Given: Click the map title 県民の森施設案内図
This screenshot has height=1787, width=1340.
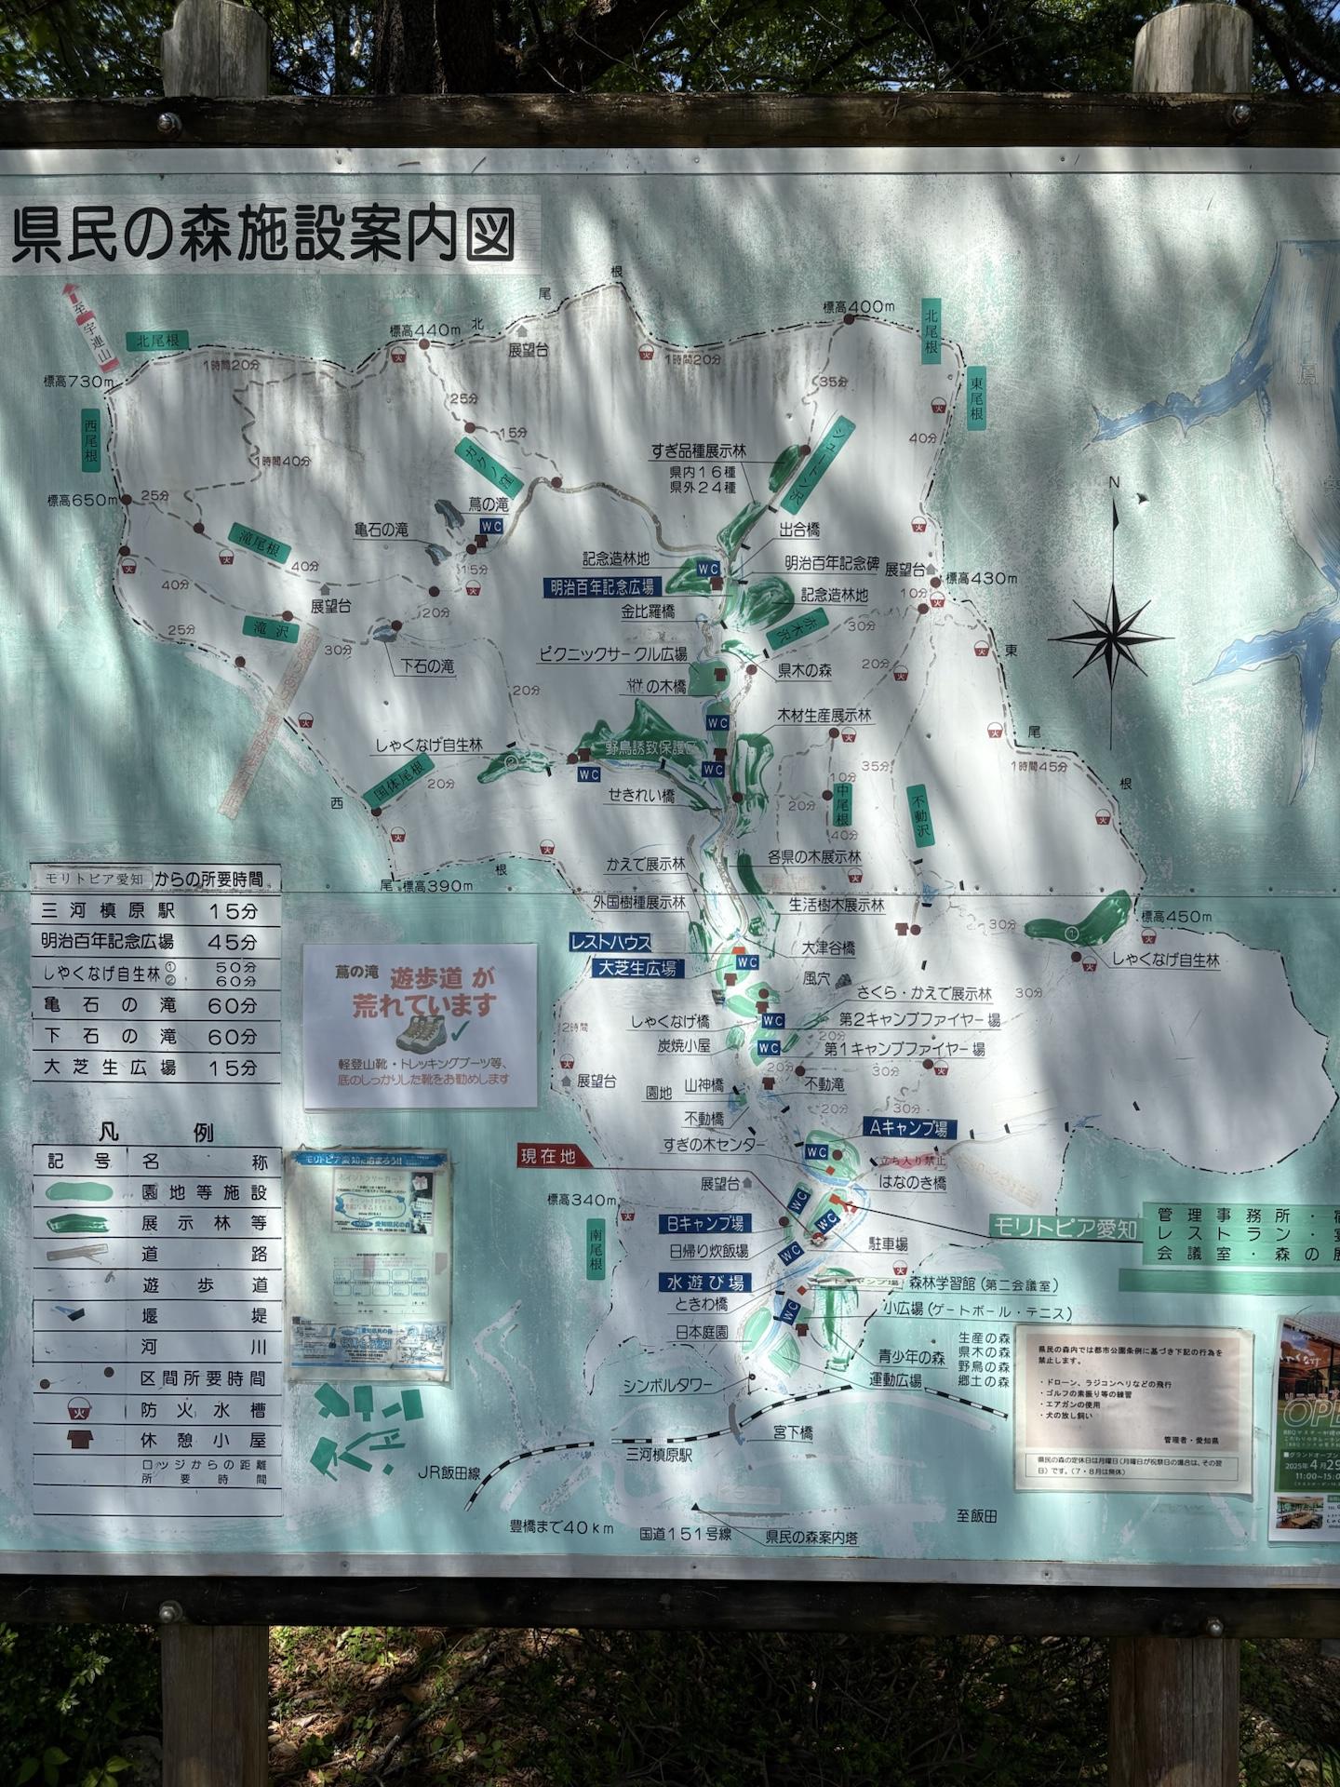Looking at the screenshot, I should (x=263, y=234).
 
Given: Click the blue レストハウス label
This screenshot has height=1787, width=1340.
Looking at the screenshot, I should (x=610, y=943).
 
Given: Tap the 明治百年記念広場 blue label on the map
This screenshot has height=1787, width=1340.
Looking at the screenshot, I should (x=601, y=586).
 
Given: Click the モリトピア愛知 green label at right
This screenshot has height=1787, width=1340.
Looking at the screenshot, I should (x=1065, y=1229).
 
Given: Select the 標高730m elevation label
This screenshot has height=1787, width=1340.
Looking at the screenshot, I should (x=78, y=381).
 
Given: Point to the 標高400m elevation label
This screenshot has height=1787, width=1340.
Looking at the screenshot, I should (x=858, y=307).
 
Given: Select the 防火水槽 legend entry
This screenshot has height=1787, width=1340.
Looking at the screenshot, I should (x=203, y=1410).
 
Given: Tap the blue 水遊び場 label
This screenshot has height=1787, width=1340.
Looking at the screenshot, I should (x=704, y=1283).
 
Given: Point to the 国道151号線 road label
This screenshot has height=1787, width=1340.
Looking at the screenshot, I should (x=685, y=1531).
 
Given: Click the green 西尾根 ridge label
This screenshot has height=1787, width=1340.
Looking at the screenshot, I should (x=90, y=444).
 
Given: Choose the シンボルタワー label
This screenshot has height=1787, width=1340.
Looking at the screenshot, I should (x=667, y=1386).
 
